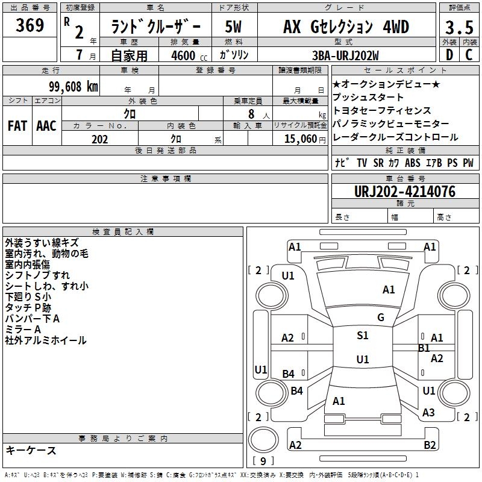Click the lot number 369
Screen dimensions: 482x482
[30, 26]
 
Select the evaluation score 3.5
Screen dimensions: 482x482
[459, 27]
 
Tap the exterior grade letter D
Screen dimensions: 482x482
[448, 54]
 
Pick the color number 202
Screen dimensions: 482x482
[99, 139]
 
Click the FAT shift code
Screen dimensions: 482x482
[17, 125]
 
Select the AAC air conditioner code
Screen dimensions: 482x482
[46, 125]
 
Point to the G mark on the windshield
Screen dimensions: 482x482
[380, 317]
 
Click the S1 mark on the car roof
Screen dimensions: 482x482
[362, 336]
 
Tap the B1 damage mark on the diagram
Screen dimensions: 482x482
[424, 348]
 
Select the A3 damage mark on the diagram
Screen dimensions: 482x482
[428, 412]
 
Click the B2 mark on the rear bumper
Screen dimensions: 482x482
[430, 445]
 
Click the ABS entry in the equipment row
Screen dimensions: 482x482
[412, 163]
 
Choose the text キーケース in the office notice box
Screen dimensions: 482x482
[31, 451]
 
